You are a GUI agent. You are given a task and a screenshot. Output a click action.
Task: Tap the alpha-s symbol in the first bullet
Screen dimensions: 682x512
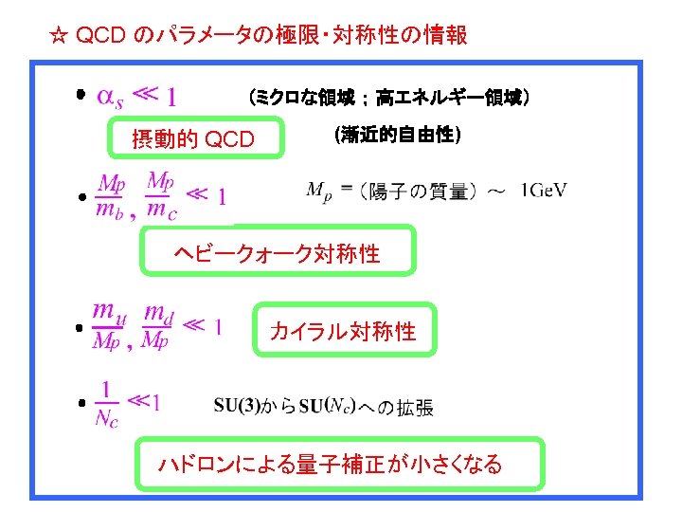click(111, 97)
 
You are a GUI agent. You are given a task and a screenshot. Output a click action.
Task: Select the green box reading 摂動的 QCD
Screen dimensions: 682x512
click(193, 140)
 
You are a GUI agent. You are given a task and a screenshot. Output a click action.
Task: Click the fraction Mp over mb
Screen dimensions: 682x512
click(112, 196)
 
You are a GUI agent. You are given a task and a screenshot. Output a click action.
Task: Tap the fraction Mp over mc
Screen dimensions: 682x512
click(161, 196)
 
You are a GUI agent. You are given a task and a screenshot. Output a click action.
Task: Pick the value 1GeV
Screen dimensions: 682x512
click(544, 191)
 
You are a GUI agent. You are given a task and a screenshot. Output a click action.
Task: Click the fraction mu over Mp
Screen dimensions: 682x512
click(106, 325)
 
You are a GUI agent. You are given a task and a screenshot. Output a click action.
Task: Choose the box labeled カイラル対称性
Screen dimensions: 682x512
click(343, 331)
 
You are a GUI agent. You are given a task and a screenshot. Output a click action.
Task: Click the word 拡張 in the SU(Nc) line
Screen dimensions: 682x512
click(415, 408)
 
